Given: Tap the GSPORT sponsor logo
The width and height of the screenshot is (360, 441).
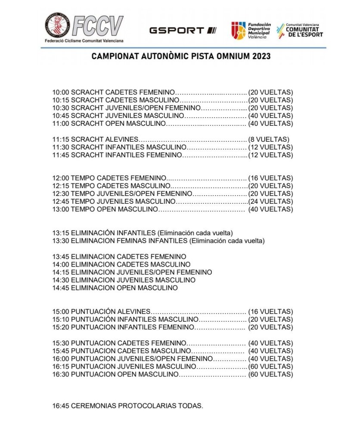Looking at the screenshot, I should (183, 30).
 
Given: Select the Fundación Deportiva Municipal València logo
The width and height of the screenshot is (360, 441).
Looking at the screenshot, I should (250, 30).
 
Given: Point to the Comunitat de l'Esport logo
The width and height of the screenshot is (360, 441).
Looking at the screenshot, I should (300, 30).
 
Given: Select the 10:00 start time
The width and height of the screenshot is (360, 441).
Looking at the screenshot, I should (60, 92).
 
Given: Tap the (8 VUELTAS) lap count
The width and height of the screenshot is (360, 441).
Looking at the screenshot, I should (269, 139).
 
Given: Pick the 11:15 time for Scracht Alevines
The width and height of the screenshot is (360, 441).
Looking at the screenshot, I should (60, 139).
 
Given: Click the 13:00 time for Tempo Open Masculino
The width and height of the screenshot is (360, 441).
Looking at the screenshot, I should (60, 209).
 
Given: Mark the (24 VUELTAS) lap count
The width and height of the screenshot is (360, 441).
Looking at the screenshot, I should (271, 202).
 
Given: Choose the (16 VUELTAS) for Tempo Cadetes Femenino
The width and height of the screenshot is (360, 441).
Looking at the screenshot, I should (271, 178).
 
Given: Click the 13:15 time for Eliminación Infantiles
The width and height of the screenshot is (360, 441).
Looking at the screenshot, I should (60, 233).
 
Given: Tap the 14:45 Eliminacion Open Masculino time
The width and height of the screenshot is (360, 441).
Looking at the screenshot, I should (60, 288).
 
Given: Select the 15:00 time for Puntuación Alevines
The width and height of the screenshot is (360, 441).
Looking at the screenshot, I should (60, 311).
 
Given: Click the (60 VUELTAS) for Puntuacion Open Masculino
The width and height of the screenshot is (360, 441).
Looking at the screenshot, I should (271, 374).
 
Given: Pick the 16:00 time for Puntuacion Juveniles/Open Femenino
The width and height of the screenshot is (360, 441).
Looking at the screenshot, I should (60, 358).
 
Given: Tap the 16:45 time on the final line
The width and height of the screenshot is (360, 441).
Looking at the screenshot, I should (60, 406).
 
